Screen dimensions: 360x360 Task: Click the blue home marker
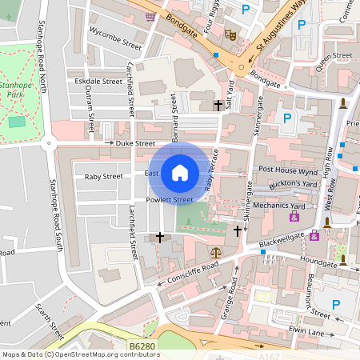179,172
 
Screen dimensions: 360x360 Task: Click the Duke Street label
134,143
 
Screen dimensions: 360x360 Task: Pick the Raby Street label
104,176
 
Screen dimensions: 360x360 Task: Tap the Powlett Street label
170,199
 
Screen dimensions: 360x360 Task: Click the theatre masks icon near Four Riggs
230,34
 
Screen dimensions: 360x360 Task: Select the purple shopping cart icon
150,15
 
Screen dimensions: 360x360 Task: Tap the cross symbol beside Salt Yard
217,105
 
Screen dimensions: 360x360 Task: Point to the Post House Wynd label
289,170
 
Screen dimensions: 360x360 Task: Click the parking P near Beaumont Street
336,304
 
